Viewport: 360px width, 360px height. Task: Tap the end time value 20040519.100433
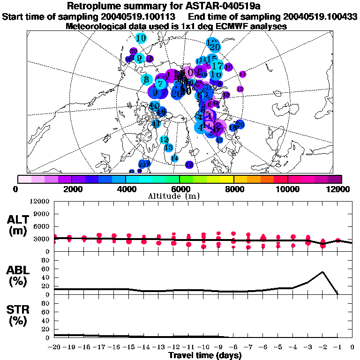(318, 16)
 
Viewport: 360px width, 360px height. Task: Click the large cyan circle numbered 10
(141, 38)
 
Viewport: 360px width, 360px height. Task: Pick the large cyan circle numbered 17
(217, 66)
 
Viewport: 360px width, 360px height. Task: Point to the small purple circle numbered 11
(242, 74)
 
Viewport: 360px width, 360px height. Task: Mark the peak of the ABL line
(322, 272)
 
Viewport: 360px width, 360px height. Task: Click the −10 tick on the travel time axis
(203, 347)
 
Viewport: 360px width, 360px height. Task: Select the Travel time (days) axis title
(205, 355)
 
